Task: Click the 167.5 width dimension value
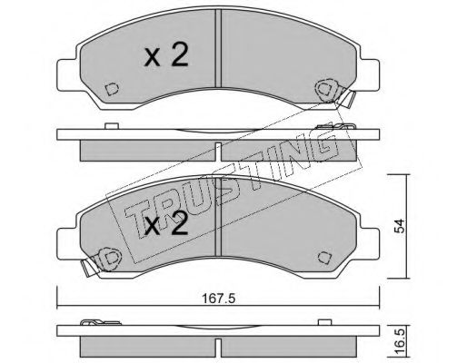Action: pos(218,299)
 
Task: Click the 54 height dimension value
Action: pos(400,226)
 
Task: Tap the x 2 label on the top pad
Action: pos(166,54)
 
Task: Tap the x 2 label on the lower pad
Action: pos(166,223)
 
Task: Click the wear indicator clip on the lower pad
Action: pos(102,260)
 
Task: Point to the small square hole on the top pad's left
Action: pos(112,89)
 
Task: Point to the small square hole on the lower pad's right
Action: pos(324,258)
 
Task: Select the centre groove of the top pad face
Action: pos(218,48)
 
